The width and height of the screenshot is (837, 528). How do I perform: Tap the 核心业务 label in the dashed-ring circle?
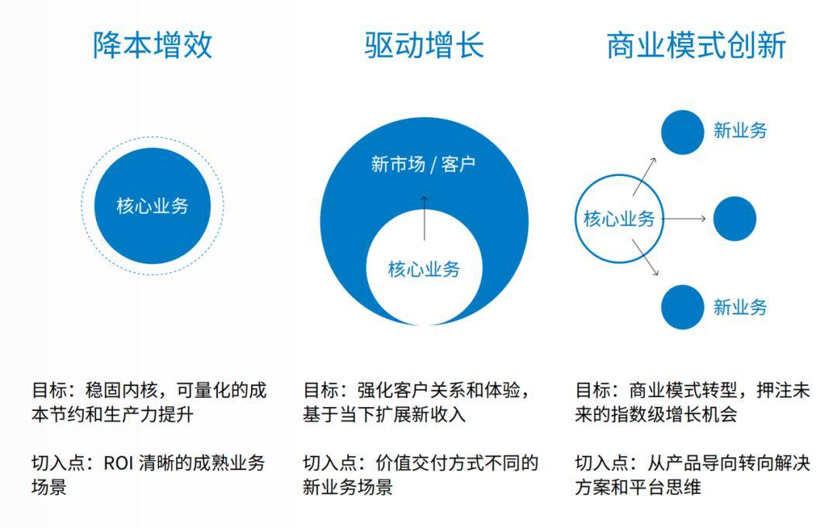tap(153, 206)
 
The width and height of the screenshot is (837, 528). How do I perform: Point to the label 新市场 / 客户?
tap(423, 164)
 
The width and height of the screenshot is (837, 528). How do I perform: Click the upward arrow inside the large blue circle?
tap(425, 218)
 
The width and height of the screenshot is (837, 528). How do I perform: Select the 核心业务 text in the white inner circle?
tap(424, 269)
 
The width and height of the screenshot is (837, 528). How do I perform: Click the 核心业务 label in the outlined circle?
tap(619, 219)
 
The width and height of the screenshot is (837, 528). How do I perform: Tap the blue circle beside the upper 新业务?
tap(682, 133)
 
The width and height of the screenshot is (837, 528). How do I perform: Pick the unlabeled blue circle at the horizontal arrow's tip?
tap(735, 219)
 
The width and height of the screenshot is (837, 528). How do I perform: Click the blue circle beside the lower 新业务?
tap(682, 307)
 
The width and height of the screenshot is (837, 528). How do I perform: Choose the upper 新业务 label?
tap(740, 131)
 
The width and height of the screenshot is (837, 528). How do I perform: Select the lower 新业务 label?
tap(740, 308)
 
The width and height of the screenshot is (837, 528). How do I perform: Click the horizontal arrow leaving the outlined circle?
tap(684, 219)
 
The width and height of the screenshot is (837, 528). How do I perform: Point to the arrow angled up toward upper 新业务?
tap(644, 176)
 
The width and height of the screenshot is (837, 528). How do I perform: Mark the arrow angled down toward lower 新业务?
tap(646, 257)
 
